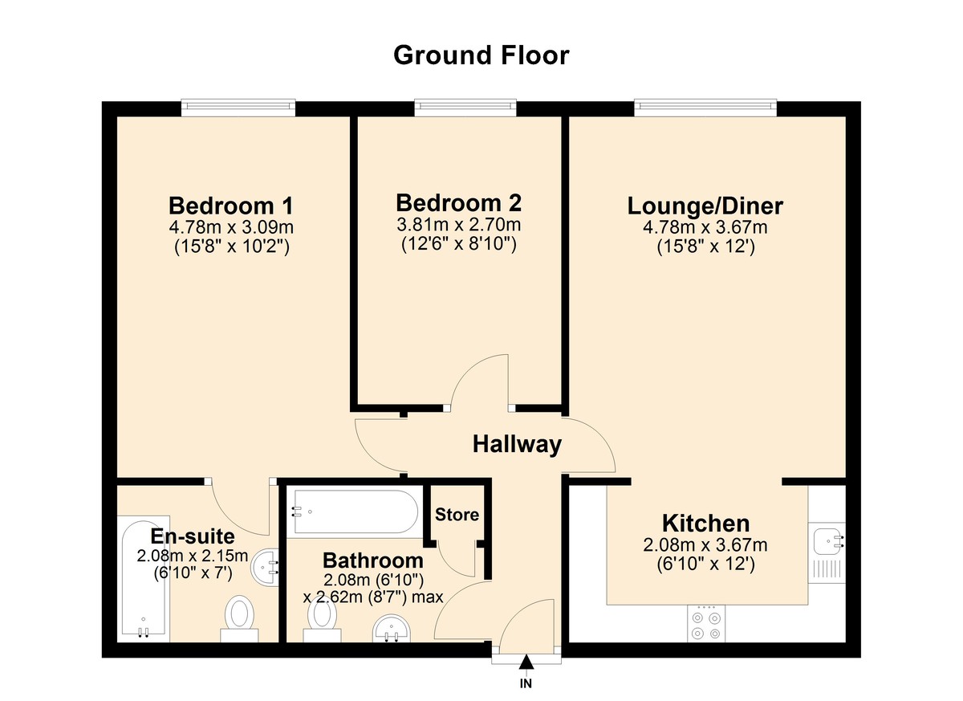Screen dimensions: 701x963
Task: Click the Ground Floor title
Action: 481,55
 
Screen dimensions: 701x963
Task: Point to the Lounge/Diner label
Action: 705,206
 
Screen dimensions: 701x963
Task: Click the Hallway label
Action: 516,444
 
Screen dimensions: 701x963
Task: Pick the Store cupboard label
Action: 457,515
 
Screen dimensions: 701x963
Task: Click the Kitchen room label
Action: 705,524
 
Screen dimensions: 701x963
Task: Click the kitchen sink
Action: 827,540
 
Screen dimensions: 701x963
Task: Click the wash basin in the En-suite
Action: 265,569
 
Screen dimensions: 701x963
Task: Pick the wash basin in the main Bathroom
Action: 392,629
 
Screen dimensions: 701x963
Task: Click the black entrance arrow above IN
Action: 526,662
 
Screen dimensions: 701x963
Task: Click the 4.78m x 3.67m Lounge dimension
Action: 705,228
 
